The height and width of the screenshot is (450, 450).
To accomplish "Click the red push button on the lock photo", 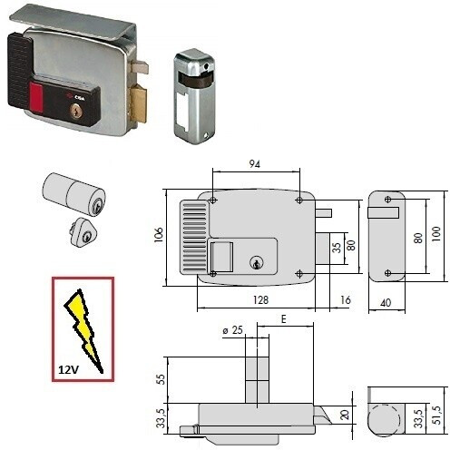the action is [x=36, y=97].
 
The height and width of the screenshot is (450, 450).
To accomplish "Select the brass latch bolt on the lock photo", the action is [x=139, y=103].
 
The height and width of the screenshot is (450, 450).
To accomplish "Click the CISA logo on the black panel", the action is [x=72, y=96].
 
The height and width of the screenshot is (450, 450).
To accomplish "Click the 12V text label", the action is [x=68, y=369].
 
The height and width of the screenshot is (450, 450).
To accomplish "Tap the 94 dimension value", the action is [x=255, y=164].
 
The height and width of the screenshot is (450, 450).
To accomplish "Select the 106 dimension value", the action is [x=158, y=235].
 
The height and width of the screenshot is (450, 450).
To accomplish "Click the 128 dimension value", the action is [x=260, y=300].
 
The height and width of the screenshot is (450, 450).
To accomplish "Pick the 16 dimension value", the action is [x=346, y=300].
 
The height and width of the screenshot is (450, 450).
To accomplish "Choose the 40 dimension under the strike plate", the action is [x=386, y=302].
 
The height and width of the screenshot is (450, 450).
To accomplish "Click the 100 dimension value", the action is [x=436, y=233].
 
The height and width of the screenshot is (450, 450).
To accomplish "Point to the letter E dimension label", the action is [x=283, y=319].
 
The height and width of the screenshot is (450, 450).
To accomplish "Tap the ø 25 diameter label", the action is [x=233, y=330].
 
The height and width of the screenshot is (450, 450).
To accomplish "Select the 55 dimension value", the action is [x=161, y=379].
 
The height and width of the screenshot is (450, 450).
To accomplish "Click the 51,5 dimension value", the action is [x=436, y=415].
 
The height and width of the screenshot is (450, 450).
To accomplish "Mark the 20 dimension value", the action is [x=345, y=415].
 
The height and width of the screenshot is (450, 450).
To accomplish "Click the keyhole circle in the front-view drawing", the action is [x=257, y=262].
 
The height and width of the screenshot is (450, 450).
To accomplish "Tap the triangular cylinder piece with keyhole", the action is [x=81, y=232].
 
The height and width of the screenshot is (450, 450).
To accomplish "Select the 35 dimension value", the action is [x=337, y=248].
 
